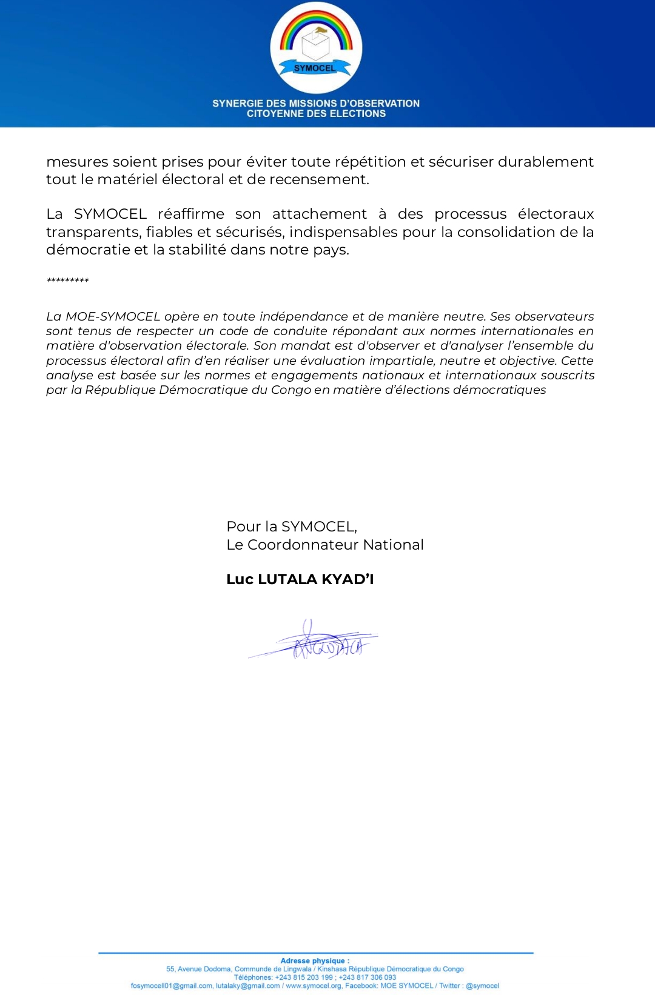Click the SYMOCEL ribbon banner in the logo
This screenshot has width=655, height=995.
click(x=315, y=68)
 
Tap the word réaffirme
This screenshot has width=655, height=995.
click(x=191, y=214)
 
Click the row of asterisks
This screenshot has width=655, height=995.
click(x=68, y=281)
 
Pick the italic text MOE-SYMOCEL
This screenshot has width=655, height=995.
click(x=113, y=316)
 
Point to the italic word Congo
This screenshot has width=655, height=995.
click(x=291, y=390)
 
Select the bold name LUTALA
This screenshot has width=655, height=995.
click(x=287, y=579)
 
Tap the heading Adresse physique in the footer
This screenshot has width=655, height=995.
click(x=315, y=960)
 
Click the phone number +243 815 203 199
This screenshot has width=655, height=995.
click(x=304, y=977)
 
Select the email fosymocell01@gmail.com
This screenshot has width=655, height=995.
click(x=172, y=986)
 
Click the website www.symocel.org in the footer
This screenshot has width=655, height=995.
click(x=314, y=986)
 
